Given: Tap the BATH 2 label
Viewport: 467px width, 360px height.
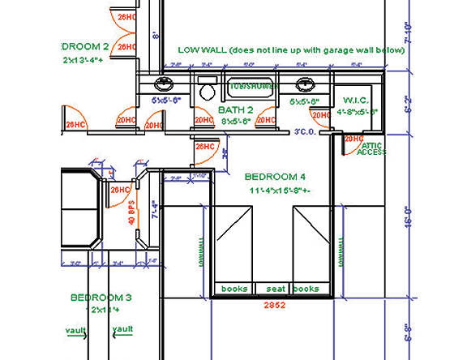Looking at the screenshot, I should tap(236, 109).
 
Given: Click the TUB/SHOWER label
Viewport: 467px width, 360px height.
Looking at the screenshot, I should tap(253, 85).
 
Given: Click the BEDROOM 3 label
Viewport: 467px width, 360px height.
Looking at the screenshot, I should tap(101, 298).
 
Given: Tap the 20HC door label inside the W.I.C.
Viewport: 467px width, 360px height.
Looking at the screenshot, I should tap(353, 139).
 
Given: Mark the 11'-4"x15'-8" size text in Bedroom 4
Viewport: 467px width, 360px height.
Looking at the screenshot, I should tap(275, 191).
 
